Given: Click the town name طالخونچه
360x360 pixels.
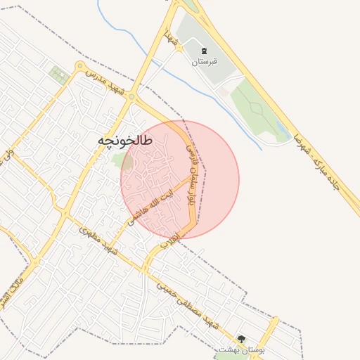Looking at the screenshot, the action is pyautogui.click(x=124, y=141).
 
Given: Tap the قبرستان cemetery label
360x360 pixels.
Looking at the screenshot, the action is pyautogui.click(x=205, y=61).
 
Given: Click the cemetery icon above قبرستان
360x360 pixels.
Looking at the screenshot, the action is pyautogui.click(x=205, y=51).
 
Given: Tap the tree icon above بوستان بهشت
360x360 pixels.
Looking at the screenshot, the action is pyautogui.click(x=242, y=339).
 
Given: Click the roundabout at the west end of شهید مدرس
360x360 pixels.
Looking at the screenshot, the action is pyautogui.click(x=77, y=66).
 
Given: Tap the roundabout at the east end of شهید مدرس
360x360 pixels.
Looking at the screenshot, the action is pyautogui.click(x=131, y=98).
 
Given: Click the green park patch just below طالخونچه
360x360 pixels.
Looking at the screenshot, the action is pyautogui.click(x=122, y=161).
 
